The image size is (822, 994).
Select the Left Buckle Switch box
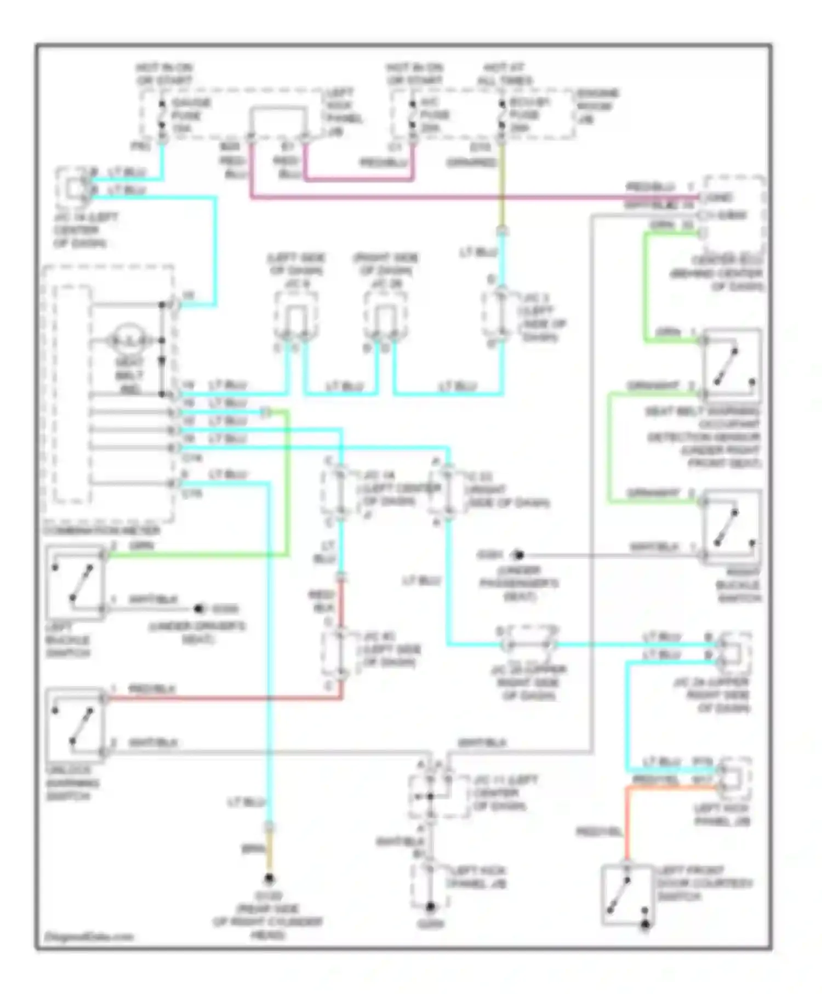click(x=75, y=583)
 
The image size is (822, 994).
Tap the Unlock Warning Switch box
click(x=75, y=725)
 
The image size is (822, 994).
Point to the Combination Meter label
click(x=101, y=530)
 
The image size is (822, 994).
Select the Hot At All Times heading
click(x=505, y=74)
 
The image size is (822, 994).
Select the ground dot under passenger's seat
click(x=518, y=555)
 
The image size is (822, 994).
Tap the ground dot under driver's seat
click(x=200, y=609)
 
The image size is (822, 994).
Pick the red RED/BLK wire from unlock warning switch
click(x=219, y=698)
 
